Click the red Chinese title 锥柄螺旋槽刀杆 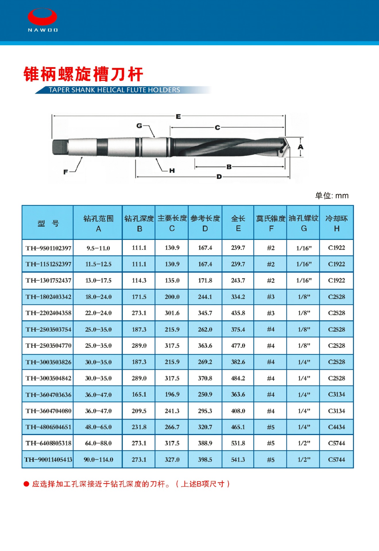click(83, 74)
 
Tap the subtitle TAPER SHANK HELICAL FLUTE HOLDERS click(114, 90)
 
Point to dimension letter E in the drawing click(178, 117)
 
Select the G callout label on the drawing click(139, 126)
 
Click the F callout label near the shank click(66, 172)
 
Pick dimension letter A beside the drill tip click(300, 147)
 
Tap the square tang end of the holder click(60, 147)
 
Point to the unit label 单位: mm click(332, 196)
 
